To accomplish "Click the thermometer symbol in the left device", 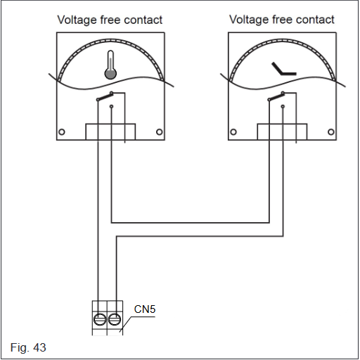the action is (110, 65).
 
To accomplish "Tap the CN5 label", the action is (145, 309).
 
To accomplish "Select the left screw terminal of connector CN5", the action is (100, 319).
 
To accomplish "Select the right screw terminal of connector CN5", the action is (115, 319).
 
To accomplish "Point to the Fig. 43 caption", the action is (28, 347).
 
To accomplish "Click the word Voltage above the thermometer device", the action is (77, 20).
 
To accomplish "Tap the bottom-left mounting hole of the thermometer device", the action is (62, 132).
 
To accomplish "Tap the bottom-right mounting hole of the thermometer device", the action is (160, 132).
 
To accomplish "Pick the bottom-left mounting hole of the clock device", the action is (233, 132).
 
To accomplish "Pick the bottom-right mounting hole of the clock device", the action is (331, 132).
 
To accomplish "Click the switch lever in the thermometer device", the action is (105, 97).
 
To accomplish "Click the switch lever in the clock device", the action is (276, 97).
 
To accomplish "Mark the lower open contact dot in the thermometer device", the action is (112, 107).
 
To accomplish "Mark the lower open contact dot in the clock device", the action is (283, 107).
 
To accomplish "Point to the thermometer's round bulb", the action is (110, 74).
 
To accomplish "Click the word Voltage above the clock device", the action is (249, 20).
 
